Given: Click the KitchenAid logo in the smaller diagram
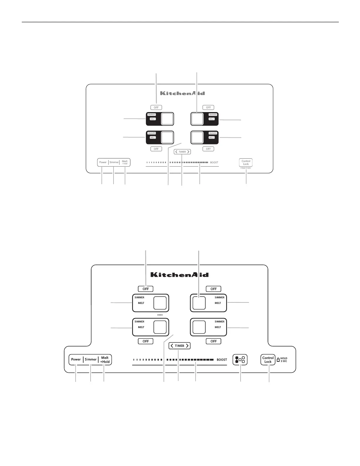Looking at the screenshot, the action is (x=182, y=93).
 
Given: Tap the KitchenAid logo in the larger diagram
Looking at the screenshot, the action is (x=179, y=275).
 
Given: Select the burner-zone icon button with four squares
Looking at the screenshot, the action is (x=240, y=360).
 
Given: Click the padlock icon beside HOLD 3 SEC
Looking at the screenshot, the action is (x=278, y=360).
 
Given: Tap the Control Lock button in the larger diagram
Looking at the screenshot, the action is (x=268, y=360).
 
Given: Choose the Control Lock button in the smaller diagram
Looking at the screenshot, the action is (x=246, y=162).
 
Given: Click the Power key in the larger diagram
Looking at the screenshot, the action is (x=76, y=360).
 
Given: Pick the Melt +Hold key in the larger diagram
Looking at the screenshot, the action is (x=105, y=360).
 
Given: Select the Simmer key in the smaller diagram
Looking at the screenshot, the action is (x=114, y=162).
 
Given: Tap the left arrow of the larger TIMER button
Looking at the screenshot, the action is (x=172, y=346).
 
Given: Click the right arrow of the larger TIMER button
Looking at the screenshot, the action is (x=187, y=346).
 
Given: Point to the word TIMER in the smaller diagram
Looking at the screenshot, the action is (x=182, y=152).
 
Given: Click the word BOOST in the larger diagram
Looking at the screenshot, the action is (x=222, y=360).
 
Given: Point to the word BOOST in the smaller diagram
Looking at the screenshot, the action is (x=214, y=162).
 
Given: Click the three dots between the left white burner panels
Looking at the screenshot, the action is (x=160, y=314).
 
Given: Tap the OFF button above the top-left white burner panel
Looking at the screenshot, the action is (x=146, y=289).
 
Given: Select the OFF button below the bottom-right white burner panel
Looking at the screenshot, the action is (x=214, y=341).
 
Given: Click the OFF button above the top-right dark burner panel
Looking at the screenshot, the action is (x=208, y=108).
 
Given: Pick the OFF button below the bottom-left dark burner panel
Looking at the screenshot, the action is (x=156, y=149).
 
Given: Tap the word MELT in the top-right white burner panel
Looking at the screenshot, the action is (x=218, y=303).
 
